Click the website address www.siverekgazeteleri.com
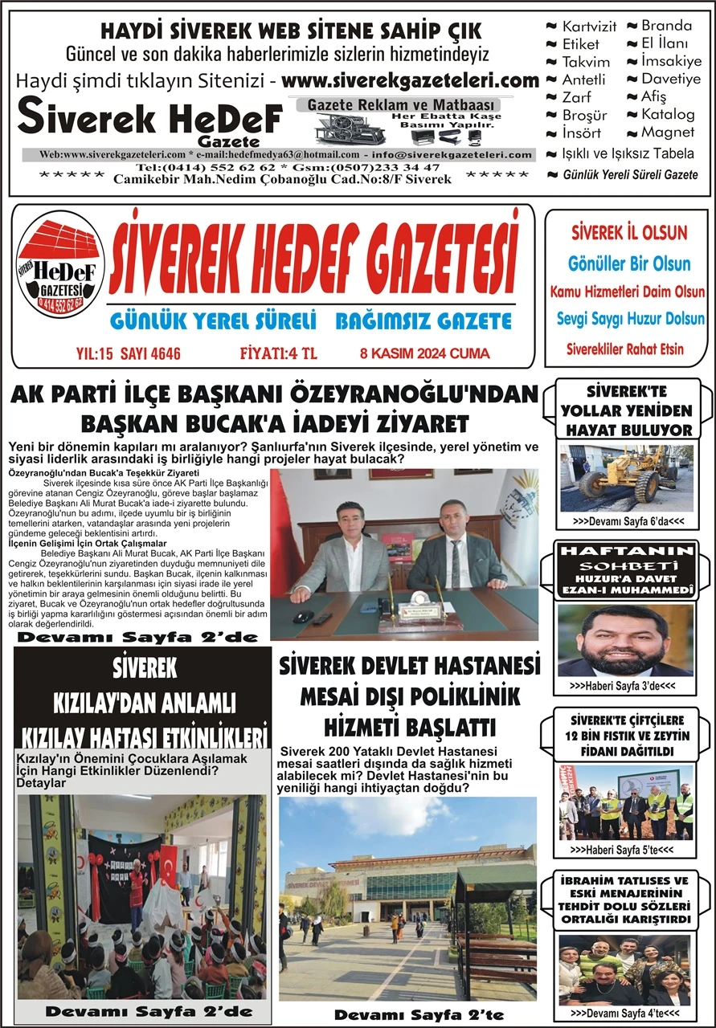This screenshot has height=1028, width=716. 411,81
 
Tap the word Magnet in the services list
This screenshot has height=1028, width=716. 668,132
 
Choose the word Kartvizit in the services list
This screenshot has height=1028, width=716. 589,27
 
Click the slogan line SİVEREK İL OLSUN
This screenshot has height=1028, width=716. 629,233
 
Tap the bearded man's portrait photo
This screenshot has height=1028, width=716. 625,640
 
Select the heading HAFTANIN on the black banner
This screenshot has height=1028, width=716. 625,551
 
